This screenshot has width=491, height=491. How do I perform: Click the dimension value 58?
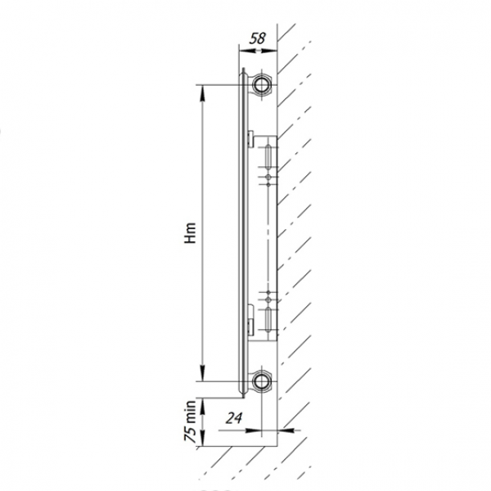[x=258, y=38]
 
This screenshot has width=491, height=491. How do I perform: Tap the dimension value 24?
[x=234, y=418]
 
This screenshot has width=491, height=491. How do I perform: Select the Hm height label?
[x=190, y=233]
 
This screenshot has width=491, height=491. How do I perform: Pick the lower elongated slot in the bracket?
[x=268, y=319]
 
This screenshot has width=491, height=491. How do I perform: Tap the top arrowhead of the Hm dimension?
[x=203, y=92]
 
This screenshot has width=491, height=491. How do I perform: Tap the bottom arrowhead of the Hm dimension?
[x=203, y=373]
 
